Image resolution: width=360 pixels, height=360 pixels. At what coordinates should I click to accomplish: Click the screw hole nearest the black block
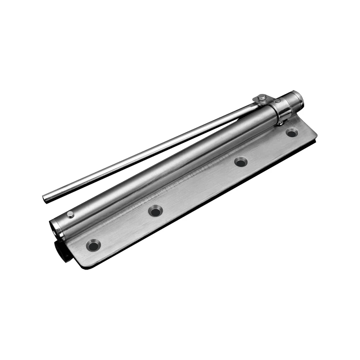[94, 245]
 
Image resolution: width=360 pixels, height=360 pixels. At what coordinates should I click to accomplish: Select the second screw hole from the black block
[156, 210]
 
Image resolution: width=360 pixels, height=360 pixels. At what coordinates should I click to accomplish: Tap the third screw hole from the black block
[241, 162]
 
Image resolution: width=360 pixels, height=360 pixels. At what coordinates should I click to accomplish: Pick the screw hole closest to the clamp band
[292, 133]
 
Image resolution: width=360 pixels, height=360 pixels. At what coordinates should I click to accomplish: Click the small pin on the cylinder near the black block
[70, 214]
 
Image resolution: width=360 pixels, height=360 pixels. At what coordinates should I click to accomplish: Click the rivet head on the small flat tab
[261, 97]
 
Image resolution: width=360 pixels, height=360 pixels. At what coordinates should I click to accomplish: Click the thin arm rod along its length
[148, 153]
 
